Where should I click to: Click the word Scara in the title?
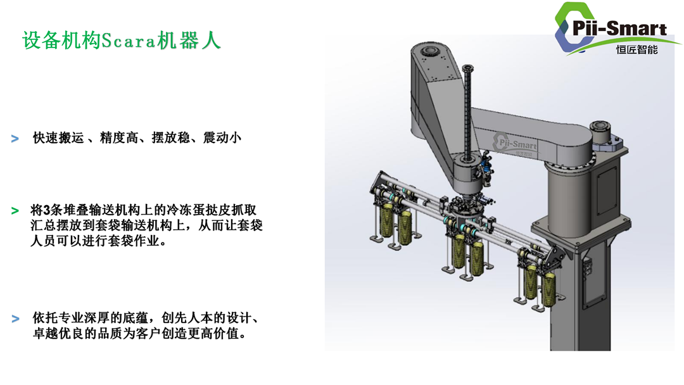[128, 41]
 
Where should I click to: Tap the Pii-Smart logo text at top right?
[619, 28]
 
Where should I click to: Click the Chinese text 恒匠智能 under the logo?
[636, 49]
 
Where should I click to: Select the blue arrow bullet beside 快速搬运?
[15, 139]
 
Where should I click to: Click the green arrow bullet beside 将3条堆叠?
[15, 211]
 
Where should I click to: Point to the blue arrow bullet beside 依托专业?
[15, 319]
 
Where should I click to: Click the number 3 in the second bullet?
[47, 210]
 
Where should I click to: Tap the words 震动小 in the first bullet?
[222, 138]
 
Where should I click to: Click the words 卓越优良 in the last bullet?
[58, 334]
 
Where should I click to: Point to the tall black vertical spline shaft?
[467, 113]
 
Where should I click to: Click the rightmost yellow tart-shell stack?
[548, 289]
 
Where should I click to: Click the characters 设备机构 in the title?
[61, 41]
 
